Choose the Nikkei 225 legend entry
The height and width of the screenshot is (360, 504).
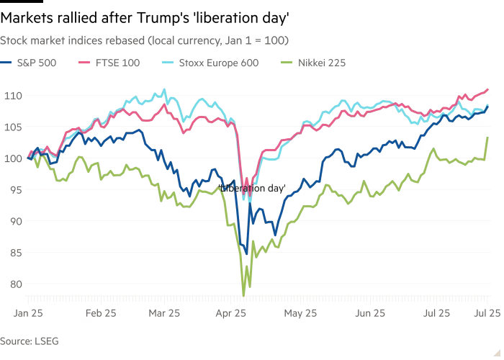[x=320, y=63]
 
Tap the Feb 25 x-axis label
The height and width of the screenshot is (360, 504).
[x=101, y=313]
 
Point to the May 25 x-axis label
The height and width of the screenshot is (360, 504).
[x=301, y=313]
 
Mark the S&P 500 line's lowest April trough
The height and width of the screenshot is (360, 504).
[x=247, y=254]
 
